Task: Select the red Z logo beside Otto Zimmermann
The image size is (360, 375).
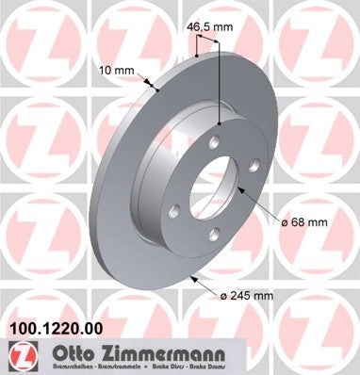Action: [19, 355]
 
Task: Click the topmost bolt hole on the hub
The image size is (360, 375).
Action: [221, 124]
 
